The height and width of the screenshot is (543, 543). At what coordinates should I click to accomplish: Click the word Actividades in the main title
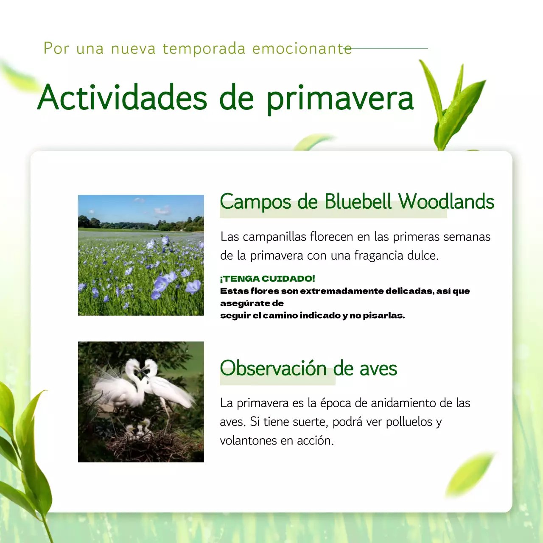point(122,98)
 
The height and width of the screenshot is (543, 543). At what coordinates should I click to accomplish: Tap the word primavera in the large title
point(340,98)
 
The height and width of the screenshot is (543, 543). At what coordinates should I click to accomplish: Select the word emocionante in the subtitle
point(302,49)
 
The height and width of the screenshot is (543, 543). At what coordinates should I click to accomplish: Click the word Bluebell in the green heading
point(358,202)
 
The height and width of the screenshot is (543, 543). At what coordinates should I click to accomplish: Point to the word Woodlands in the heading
point(446,202)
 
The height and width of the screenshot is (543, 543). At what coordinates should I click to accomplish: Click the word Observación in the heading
point(273,368)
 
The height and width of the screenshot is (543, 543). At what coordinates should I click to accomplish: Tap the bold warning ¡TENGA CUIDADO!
point(268,279)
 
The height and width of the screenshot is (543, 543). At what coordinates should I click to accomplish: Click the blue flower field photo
point(141,255)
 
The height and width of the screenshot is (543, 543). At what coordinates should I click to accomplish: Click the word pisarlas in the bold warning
point(383,316)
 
